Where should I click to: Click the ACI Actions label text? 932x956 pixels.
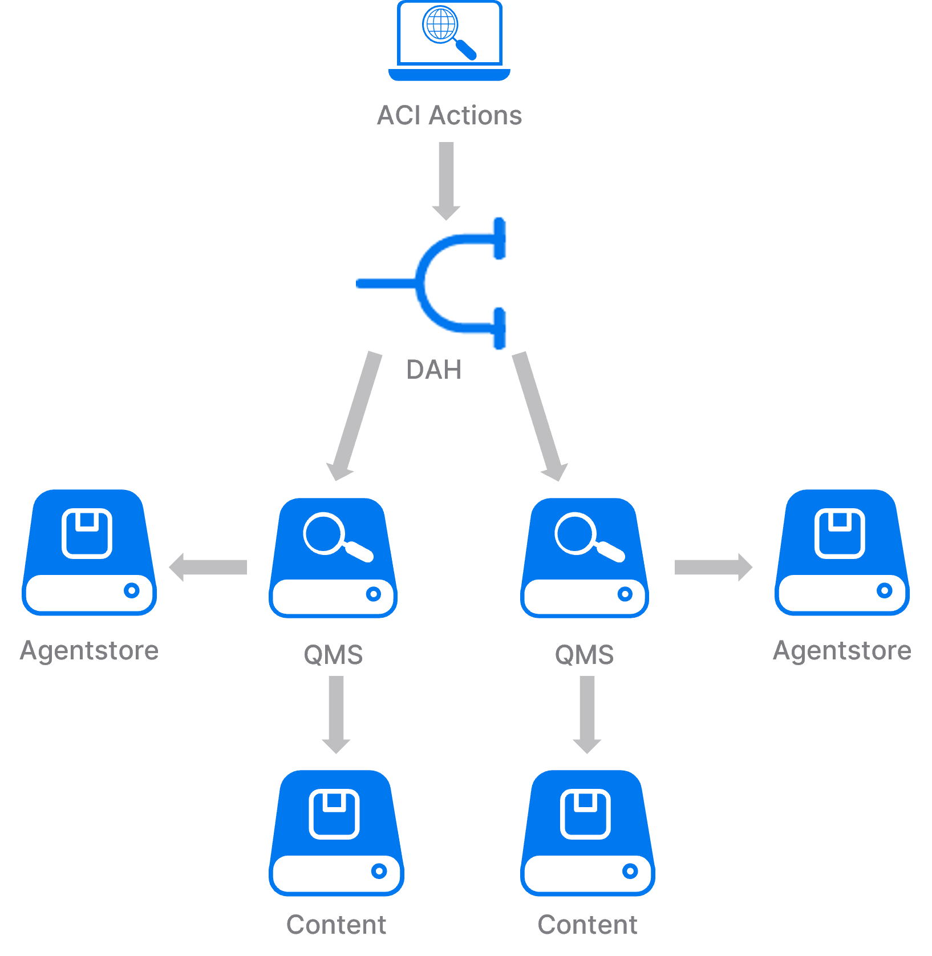click(x=449, y=115)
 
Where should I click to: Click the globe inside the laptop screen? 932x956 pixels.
click(x=440, y=25)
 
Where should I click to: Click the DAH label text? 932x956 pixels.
click(x=433, y=370)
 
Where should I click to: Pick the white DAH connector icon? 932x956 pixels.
click(x=432, y=283)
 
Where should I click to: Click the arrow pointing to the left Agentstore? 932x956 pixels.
click(x=208, y=567)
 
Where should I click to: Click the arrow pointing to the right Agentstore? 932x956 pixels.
click(x=713, y=567)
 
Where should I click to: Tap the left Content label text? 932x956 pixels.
click(x=336, y=925)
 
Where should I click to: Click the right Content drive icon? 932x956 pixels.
click(x=587, y=833)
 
